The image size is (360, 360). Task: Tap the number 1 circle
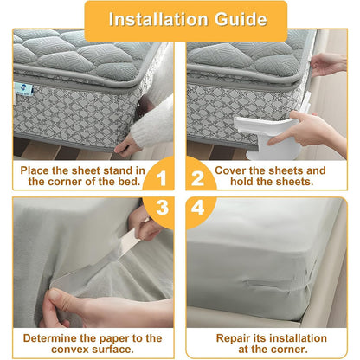point(157,177)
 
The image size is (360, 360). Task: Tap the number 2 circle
point(197,177)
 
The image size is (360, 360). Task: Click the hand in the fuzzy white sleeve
point(129,144)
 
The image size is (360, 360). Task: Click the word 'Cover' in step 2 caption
point(233,170)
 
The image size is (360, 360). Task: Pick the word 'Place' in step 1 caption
point(37,170)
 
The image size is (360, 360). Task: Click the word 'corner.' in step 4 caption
point(287,350)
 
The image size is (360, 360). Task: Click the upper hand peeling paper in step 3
point(145,227)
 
